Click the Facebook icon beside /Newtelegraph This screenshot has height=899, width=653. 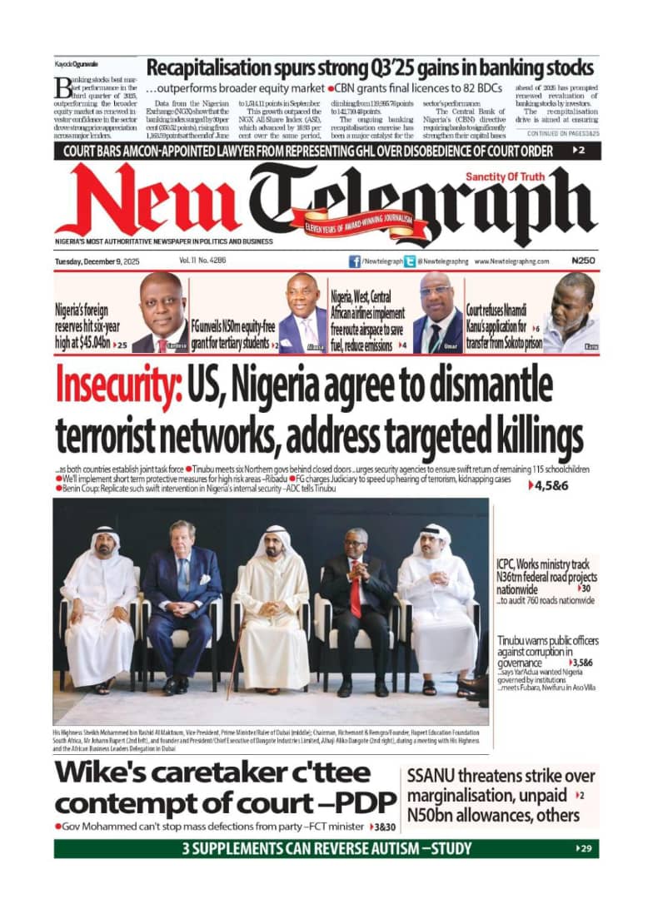(355, 261)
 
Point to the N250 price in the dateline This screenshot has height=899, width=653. (584, 261)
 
